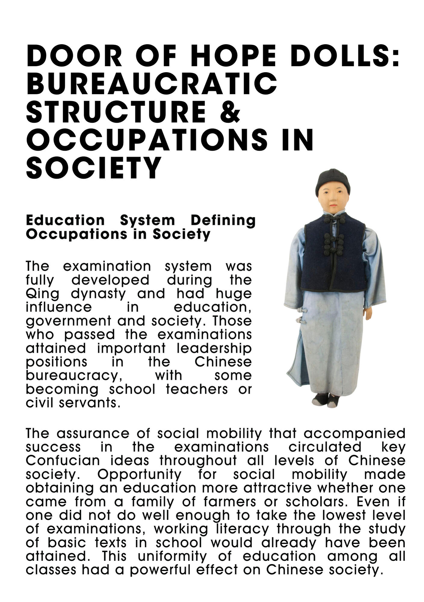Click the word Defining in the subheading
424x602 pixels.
(x=223, y=220)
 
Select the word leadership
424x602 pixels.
(x=214, y=348)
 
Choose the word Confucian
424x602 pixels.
(x=63, y=461)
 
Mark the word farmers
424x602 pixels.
(x=230, y=502)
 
